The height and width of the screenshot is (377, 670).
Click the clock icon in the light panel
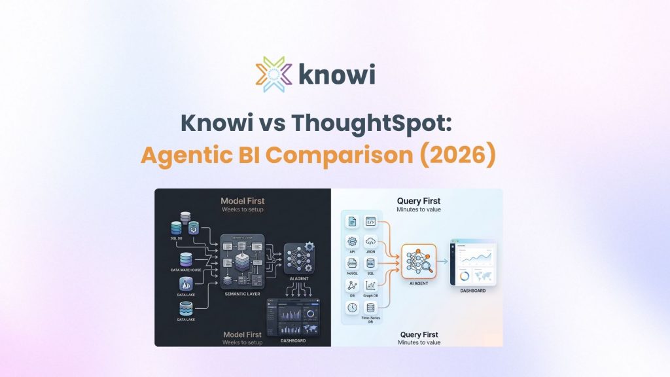353,307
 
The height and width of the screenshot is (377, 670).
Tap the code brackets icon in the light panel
370,221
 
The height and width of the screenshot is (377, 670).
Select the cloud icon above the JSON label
370,241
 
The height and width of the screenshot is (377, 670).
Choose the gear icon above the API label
353,241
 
